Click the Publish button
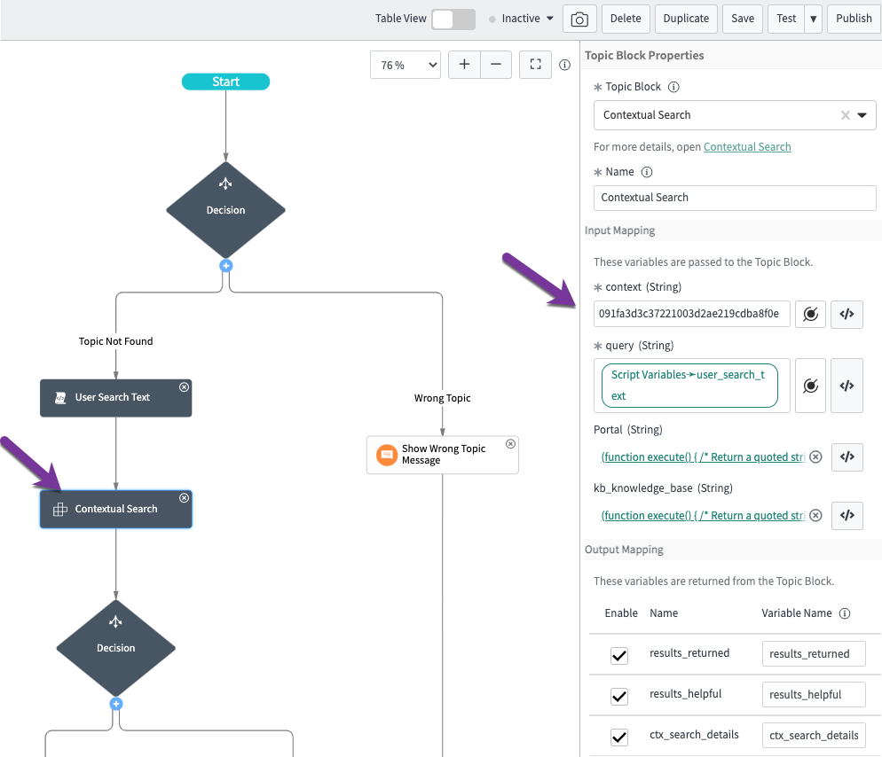(854, 19)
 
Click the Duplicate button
(686, 19)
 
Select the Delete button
(626, 19)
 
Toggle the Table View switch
(453, 19)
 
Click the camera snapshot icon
(579, 19)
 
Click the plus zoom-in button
(464, 65)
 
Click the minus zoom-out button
(495, 65)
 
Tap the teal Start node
(225, 82)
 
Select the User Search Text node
(115, 398)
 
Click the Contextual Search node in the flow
(115, 510)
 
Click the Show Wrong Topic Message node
(442, 455)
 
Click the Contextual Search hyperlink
(747, 147)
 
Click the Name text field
(734, 198)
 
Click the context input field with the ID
(691, 314)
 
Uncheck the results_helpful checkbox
(619, 695)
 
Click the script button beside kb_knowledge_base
(847, 515)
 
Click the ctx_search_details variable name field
(813, 735)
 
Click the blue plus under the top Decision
(225, 265)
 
